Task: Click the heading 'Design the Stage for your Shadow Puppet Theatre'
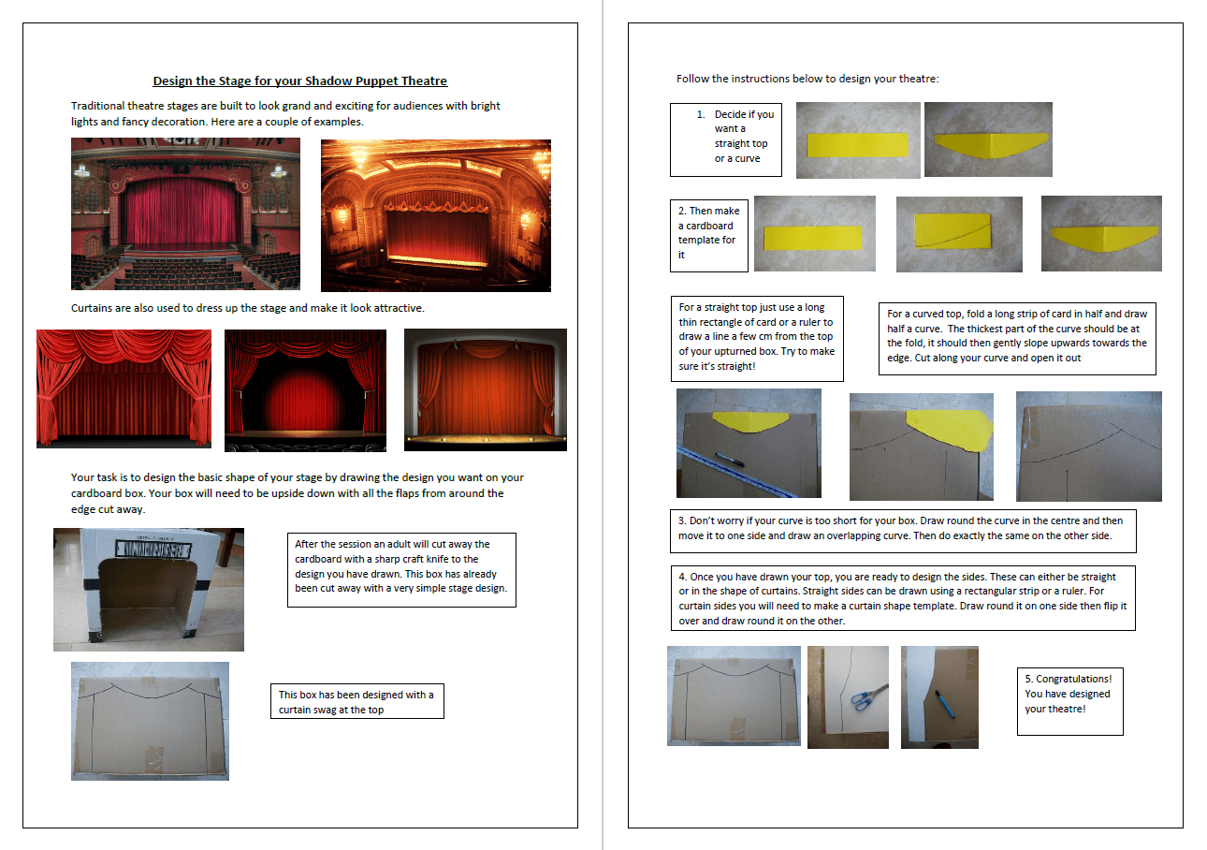coord(300,81)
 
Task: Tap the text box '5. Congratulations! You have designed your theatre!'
coord(1069,700)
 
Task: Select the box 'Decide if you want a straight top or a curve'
coord(726,140)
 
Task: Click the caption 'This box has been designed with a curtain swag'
coord(356,702)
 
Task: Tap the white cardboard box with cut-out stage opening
coord(148,589)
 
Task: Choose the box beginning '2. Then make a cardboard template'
coord(708,234)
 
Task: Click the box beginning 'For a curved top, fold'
coord(1016,336)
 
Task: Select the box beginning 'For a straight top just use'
coord(756,337)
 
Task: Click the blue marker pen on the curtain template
coord(944,703)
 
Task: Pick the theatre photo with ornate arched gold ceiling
coord(435,215)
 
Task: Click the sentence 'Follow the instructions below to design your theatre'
coord(807,79)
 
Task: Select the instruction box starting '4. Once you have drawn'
coord(902,597)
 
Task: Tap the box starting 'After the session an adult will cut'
coord(400,568)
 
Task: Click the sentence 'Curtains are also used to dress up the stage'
coord(247,308)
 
